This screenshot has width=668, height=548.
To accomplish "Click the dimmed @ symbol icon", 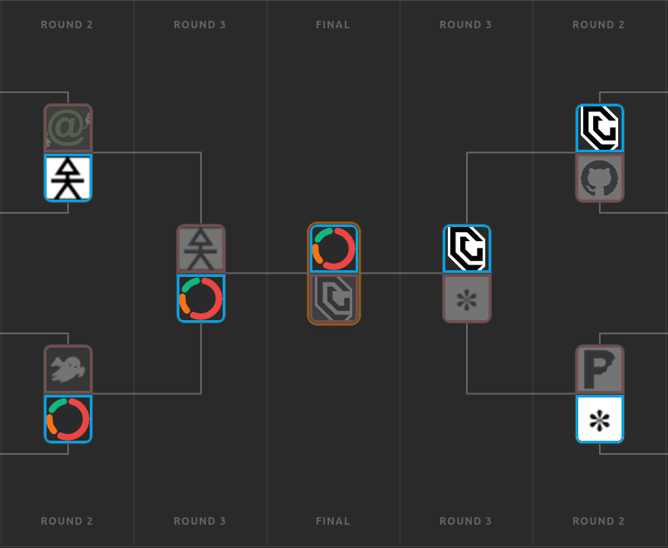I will [68, 128].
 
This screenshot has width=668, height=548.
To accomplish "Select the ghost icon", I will [68, 369].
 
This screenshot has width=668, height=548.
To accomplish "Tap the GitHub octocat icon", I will [600, 177].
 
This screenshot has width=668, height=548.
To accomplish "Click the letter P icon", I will [600, 369].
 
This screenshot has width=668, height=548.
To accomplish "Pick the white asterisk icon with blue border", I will [600, 419].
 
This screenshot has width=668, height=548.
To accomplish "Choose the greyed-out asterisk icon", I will [467, 298].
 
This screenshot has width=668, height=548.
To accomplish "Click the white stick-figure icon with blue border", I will [68, 177].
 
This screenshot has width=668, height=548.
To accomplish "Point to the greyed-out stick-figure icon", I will [201, 249].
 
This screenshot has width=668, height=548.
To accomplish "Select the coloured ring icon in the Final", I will [334, 249].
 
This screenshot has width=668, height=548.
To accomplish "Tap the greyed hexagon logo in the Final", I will [334, 298].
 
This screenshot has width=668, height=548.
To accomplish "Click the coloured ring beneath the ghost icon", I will [68, 419].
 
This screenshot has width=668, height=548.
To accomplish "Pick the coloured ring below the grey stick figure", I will [201, 298].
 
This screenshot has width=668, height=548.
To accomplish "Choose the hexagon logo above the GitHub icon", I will [600, 128].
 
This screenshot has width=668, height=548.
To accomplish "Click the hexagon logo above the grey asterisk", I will [467, 249].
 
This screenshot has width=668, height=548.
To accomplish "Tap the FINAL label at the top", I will [333, 25].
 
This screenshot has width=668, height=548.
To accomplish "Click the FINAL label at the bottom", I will [333, 521].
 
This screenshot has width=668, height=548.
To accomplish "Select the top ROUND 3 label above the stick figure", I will [199, 25].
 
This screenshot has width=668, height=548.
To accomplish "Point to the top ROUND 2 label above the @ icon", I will [67, 25].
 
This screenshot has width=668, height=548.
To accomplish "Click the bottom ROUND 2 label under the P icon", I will [598, 521].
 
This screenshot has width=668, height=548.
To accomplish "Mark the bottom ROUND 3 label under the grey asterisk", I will [465, 521].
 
